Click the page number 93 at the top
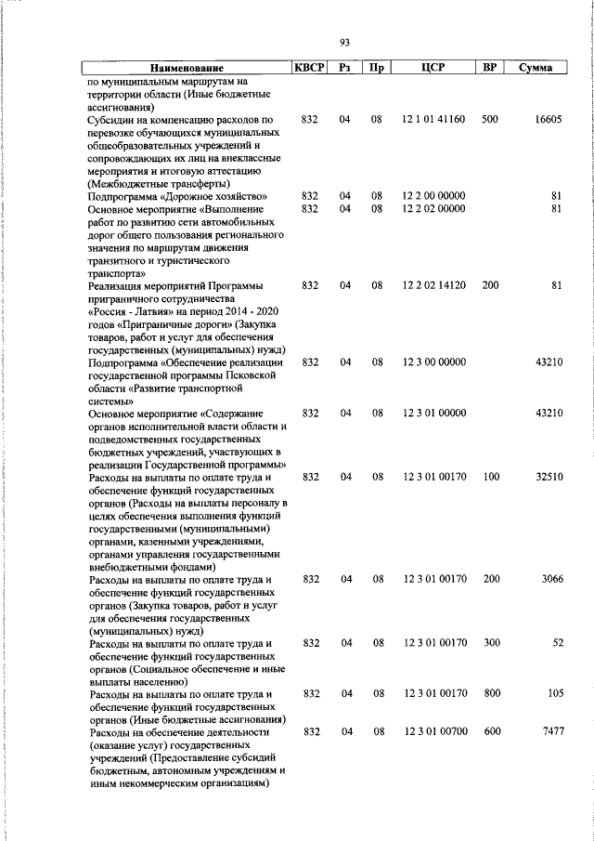pyautogui.click(x=344, y=42)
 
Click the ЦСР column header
pyautogui.click(x=433, y=68)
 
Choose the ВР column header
pyautogui.click(x=490, y=68)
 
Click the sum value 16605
pyautogui.click(x=548, y=120)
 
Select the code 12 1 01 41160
pyautogui.click(x=433, y=120)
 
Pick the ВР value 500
pyautogui.click(x=490, y=120)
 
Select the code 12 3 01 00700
pyautogui.click(x=433, y=732)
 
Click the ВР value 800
pyautogui.click(x=490, y=693)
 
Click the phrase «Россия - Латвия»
pyautogui.click(x=132, y=311)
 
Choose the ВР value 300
pyautogui.click(x=490, y=643)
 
